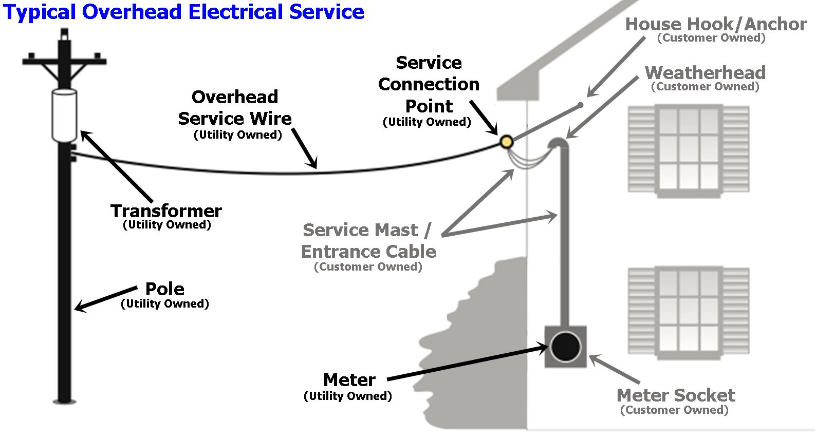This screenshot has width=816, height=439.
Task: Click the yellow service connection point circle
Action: [507, 142]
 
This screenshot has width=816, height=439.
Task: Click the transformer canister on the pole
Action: [65, 115]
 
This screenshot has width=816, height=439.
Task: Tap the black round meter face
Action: [565, 347]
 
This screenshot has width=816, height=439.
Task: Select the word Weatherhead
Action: [705, 72]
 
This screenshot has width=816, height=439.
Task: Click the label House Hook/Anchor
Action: [716, 24]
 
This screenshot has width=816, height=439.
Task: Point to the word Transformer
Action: [166, 211]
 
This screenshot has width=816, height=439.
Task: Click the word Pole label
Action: [164, 289]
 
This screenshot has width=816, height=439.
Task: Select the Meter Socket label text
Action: [676, 395]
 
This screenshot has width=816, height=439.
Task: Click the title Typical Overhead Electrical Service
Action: [183, 12]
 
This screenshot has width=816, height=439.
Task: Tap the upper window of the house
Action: [689, 151]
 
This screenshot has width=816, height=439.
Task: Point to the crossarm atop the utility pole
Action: [64, 62]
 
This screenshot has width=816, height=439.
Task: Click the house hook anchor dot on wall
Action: [580, 105]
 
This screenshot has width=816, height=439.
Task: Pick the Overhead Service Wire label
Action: [235, 108]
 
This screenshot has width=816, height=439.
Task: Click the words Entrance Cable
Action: [368, 252]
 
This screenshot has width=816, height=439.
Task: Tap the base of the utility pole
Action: [64, 399]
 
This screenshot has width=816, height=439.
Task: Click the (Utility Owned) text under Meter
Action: [348, 396]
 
